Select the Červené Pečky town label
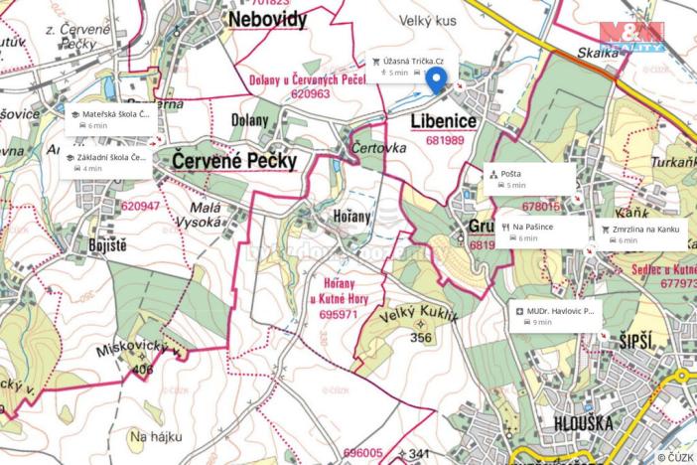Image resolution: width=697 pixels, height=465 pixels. (x=234, y=160)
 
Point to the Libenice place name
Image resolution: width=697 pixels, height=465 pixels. (x=444, y=121)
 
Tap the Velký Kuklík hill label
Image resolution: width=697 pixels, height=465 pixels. (x=418, y=317)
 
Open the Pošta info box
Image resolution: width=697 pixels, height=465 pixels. (x=529, y=178)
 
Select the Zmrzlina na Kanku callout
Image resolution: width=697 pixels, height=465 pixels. (x=641, y=233)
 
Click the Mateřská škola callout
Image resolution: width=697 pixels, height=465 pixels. (x=109, y=119)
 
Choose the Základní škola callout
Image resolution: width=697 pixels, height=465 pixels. (x=108, y=162)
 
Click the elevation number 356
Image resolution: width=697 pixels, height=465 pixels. (x=420, y=338)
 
